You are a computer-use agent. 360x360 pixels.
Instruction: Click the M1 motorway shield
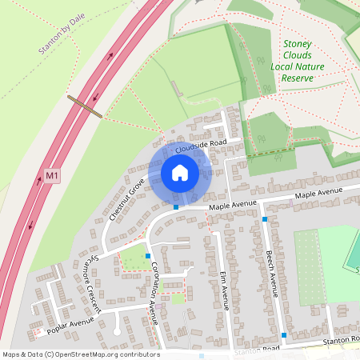52,175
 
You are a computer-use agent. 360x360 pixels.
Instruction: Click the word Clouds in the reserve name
298,55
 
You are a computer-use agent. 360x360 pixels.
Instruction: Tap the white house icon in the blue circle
179,173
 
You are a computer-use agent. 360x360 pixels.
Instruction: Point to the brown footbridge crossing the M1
84,106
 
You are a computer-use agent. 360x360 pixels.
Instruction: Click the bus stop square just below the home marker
176,207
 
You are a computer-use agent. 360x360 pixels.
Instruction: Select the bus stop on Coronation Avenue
148,255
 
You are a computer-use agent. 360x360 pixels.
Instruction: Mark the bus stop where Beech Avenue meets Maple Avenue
265,218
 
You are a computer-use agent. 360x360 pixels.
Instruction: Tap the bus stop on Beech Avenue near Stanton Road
284,334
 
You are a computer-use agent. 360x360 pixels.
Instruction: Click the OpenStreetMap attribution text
80,354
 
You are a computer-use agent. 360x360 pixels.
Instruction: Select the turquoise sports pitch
353,252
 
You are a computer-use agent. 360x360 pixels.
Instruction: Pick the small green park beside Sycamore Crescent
133,260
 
